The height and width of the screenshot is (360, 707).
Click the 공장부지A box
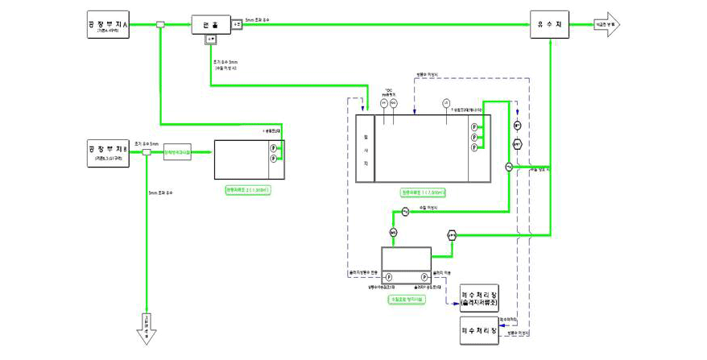(x=108, y=25)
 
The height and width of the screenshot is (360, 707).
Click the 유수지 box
(x=550, y=25)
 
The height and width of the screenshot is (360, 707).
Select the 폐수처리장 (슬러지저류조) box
(x=479, y=296)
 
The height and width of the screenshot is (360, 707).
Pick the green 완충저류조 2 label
(x=247, y=190)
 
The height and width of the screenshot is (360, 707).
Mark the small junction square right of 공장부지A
(x=161, y=25)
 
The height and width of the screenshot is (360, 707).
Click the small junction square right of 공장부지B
(x=147, y=151)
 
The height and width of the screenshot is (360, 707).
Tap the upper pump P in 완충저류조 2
(x=273, y=149)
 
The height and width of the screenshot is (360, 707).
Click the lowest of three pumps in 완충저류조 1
(x=474, y=147)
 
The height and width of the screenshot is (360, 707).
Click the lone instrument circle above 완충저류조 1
(x=445, y=102)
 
